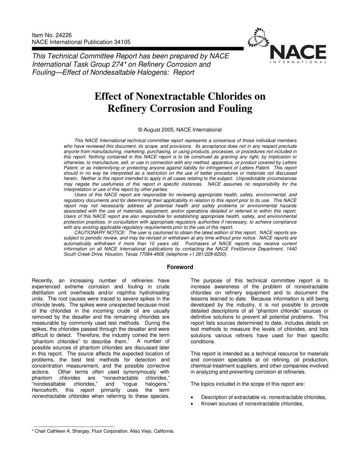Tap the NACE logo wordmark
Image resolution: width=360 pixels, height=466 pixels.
tap(298, 52)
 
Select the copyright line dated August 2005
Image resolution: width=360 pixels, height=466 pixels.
tap(180, 130)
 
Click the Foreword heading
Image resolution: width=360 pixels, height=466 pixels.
tap(180, 267)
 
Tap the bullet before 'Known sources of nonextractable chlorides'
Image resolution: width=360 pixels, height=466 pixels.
tap(193, 404)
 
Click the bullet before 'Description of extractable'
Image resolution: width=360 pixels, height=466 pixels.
tap(193, 397)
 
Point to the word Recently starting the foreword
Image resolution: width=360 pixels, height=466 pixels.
tap(44, 281)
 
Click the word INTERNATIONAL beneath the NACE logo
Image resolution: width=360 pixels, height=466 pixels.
tap(298, 62)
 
